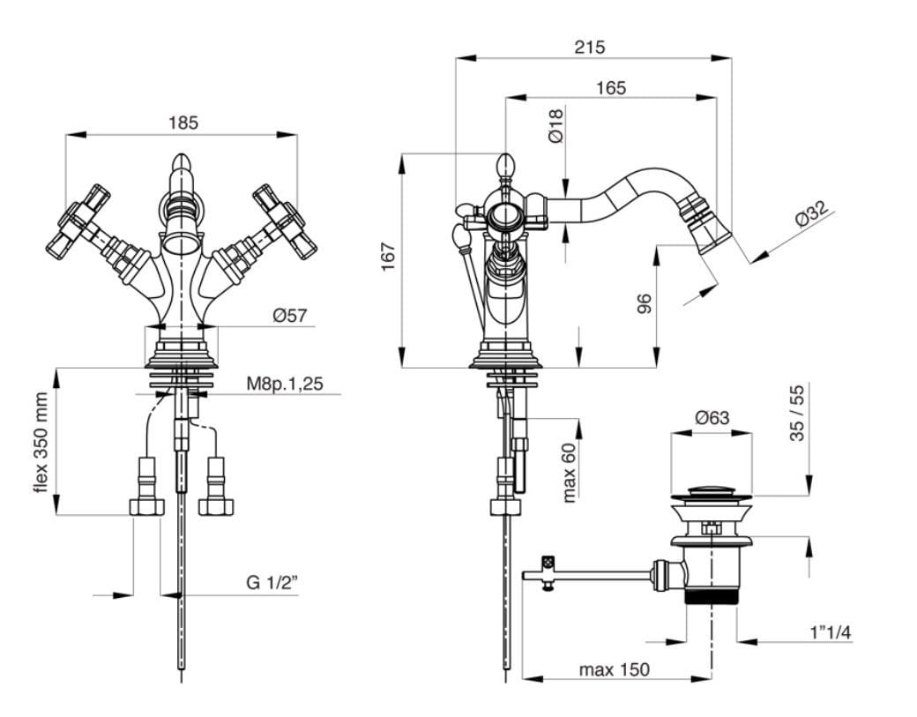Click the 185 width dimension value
click(x=183, y=123)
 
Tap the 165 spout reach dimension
click(x=610, y=87)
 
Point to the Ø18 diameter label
click(x=555, y=125)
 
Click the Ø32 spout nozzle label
click(x=812, y=214)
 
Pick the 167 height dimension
click(x=389, y=256)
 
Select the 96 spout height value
click(x=645, y=303)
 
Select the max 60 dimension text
click(x=569, y=472)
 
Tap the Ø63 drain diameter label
click(x=712, y=418)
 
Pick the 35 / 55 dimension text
click(x=798, y=413)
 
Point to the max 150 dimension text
click(x=614, y=669)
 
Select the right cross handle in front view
click(x=283, y=220)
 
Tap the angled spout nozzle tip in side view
click(x=713, y=226)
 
